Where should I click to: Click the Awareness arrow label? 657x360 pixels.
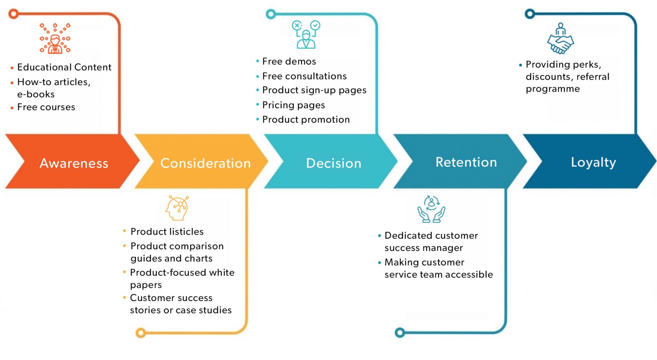click(x=74, y=163)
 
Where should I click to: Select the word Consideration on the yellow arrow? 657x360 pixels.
click(x=205, y=163)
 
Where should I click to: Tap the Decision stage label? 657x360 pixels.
click(x=334, y=163)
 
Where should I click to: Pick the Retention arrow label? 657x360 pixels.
click(x=466, y=162)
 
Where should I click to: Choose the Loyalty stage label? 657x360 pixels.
click(x=593, y=162)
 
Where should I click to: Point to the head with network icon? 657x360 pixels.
click(x=177, y=208)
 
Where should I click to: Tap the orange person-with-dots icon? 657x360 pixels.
click(x=55, y=38)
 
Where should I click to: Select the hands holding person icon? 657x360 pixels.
click(x=431, y=209)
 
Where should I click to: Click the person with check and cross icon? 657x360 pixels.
click(x=306, y=35)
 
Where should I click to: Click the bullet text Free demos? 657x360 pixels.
click(x=289, y=61)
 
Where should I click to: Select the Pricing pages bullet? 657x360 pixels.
click(x=294, y=105)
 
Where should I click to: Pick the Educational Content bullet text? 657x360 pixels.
click(x=64, y=67)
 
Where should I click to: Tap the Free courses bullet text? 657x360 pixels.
click(x=46, y=107)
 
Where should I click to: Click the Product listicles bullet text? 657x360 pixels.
click(x=167, y=231)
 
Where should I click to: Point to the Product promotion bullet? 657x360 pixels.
click(x=306, y=120)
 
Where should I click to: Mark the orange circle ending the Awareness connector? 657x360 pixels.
click(x=13, y=14)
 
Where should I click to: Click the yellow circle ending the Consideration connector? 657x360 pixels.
click(x=141, y=333)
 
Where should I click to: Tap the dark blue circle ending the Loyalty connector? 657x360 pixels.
click(x=530, y=14)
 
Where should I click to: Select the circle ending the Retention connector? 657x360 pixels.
click(x=400, y=332)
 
